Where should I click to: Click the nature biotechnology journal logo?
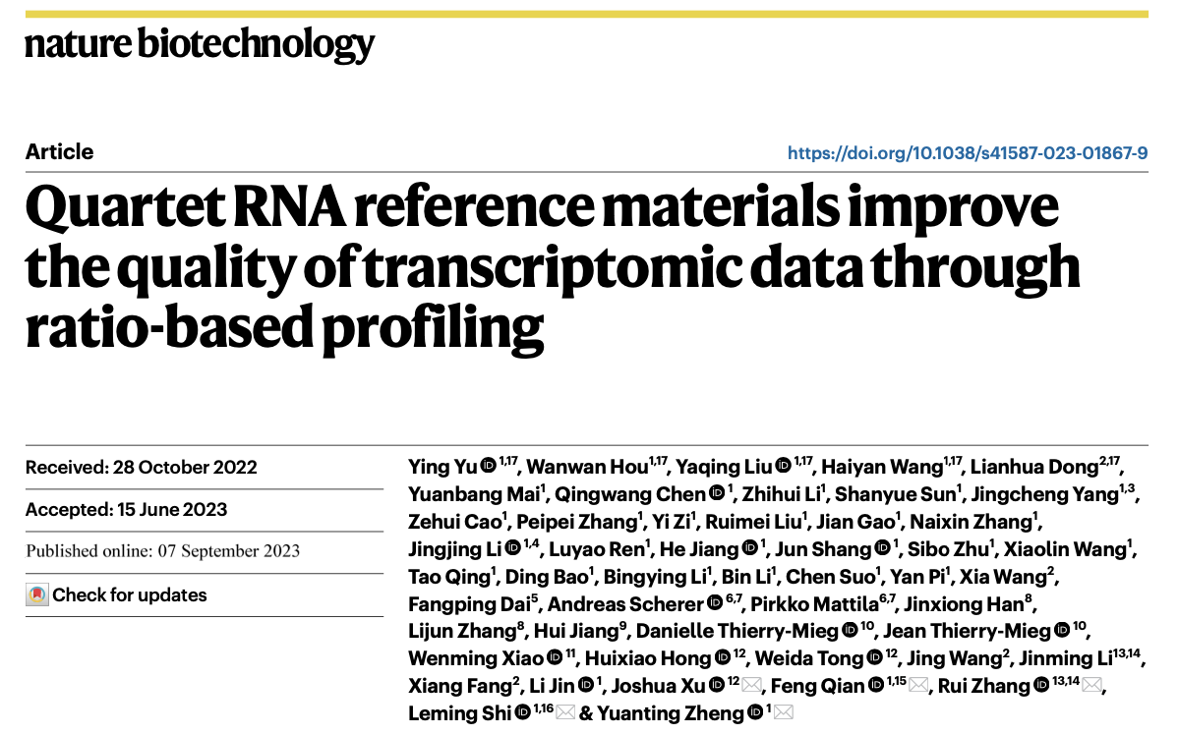(x=200, y=45)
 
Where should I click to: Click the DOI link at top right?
(x=968, y=153)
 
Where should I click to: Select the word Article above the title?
(x=59, y=152)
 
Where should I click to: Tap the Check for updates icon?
(x=37, y=594)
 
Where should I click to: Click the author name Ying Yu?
(x=442, y=467)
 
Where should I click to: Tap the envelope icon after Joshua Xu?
(x=752, y=686)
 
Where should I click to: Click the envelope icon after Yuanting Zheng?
(x=783, y=713)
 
